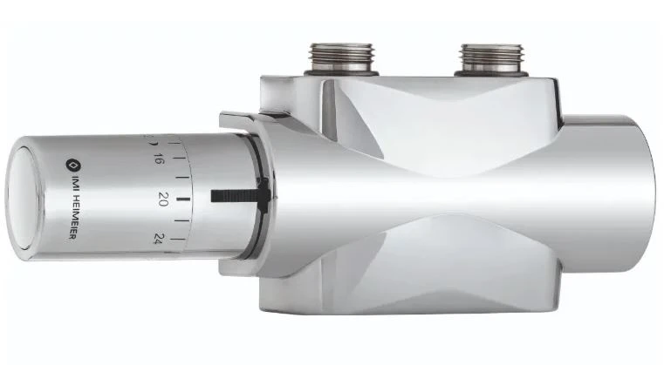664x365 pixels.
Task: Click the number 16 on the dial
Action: (x=159, y=159)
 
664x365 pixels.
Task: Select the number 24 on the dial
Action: (x=159, y=239)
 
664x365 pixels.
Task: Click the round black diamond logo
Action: (x=72, y=165)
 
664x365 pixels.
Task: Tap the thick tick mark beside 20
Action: (x=183, y=199)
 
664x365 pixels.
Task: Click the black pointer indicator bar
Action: (x=240, y=195)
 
